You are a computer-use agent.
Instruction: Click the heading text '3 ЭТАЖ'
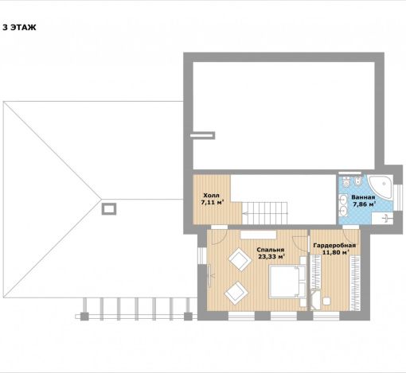click(19, 27)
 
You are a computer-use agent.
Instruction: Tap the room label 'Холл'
click(211, 196)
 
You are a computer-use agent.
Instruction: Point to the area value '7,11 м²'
click(213, 203)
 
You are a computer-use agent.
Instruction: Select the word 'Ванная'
click(363, 197)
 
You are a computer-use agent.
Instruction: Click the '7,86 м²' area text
click(364, 204)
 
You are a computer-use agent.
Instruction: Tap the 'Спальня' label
click(271, 250)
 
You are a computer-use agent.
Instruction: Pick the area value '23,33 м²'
click(271, 256)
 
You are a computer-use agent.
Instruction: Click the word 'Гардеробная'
click(334, 245)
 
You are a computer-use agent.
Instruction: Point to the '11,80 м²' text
click(335, 252)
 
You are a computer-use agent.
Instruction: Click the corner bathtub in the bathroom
click(382, 188)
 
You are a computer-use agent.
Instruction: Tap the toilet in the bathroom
click(346, 181)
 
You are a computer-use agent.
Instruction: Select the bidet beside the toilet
click(358, 181)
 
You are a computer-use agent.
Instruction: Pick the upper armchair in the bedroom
click(240, 259)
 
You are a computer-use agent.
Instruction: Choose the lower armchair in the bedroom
click(236, 293)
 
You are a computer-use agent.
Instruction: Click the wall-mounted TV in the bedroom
click(209, 276)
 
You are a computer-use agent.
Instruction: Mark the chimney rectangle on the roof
click(109, 209)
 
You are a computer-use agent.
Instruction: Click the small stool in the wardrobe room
click(326, 301)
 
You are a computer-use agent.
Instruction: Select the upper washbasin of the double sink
click(343, 198)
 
